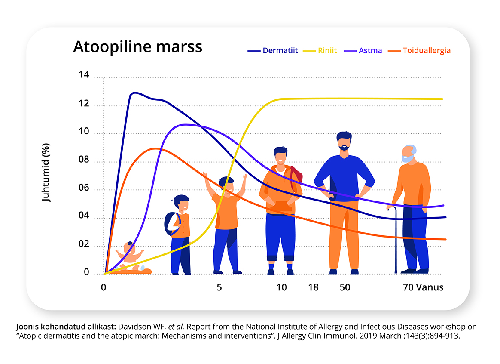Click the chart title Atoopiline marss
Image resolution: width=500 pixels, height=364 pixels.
pos(137,46)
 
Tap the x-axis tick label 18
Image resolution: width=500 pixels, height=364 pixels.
pos(313,287)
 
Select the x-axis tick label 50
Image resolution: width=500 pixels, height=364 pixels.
pos(345,287)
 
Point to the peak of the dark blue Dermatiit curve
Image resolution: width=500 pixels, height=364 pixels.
pos(135,93)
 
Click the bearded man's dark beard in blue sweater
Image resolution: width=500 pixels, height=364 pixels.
pos(344,147)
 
